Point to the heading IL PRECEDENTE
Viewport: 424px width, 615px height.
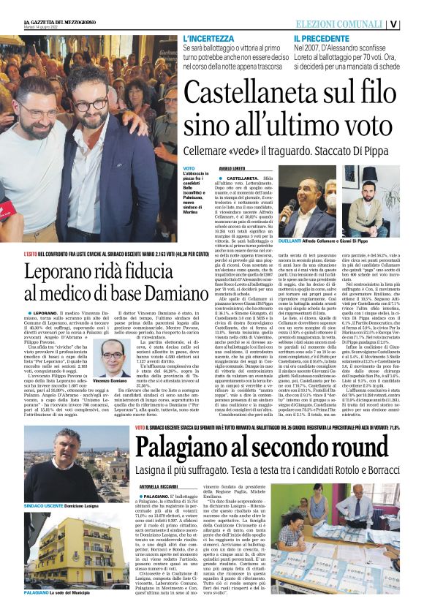(321, 38)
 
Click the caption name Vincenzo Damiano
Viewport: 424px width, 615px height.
(110, 380)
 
